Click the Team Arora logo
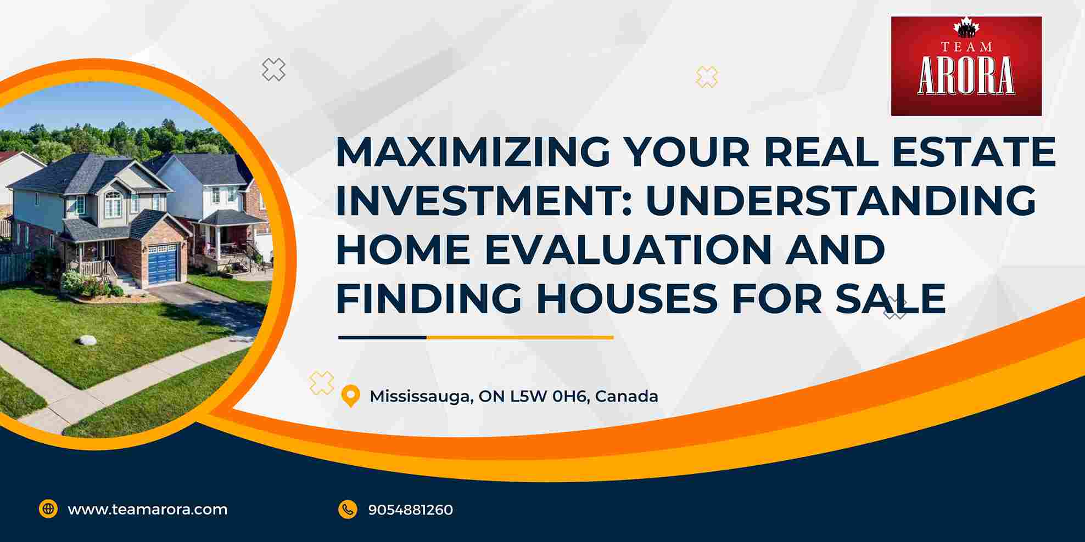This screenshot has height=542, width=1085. point(966,66)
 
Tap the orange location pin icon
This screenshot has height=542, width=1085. point(350,396)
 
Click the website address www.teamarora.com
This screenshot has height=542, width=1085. point(148,510)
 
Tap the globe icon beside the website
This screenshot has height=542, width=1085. point(48,509)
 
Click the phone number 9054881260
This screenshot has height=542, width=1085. point(411,510)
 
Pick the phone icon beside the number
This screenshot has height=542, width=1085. point(348,509)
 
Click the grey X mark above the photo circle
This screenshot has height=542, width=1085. point(273,70)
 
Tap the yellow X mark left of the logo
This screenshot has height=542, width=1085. point(707,77)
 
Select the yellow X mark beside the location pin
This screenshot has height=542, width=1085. point(321,383)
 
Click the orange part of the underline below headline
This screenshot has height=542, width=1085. point(520,337)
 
